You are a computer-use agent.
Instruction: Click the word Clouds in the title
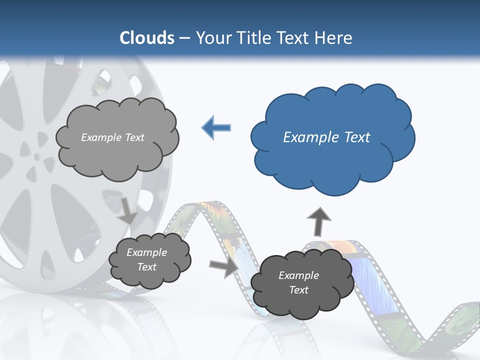(147, 38)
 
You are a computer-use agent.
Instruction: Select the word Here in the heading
(334, 38)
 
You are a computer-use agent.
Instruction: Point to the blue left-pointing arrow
(216, 127)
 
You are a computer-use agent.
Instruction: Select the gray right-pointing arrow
(224, 266)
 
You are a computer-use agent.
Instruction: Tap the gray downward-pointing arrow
(127, 210)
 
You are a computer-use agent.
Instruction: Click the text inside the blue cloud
(326, 137)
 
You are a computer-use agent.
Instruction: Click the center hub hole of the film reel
(36, 156)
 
